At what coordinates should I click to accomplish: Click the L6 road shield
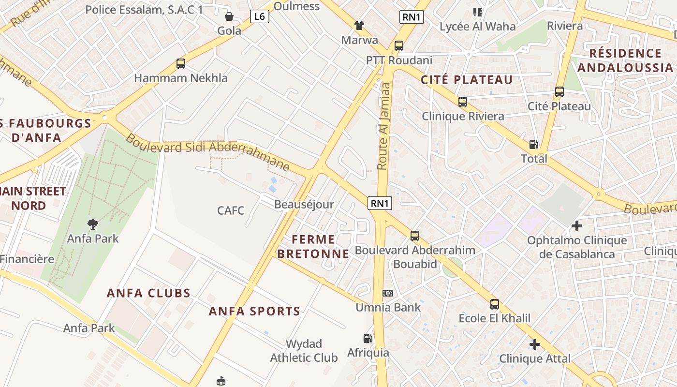(260, 17)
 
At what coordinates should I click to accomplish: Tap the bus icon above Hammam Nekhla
(181, 64)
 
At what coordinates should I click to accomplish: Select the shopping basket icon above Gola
(229, 17)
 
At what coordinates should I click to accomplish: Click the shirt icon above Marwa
(359, 25)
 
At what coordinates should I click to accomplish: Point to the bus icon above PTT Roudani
(399, 46)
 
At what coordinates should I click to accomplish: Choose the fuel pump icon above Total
(534, 144)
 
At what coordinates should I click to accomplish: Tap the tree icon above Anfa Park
(92, 224)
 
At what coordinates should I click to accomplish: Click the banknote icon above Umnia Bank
(388, 293)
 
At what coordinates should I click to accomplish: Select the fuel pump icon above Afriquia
(368, 339)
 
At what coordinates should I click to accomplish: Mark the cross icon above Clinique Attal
(534, 344)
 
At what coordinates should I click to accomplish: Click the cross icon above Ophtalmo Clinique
(576, 225)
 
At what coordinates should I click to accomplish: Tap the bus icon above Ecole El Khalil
(494, 304)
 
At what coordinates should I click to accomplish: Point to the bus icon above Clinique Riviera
(463, 102)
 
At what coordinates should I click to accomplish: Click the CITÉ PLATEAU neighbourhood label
(467, 80)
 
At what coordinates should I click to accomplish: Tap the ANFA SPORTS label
(254, 311)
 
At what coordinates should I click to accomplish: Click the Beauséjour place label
(304, 205)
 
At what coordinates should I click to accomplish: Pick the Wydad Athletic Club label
(304, 351)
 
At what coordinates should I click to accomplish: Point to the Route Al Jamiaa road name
(383, 126)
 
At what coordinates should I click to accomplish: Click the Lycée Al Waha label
(477, 27)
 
